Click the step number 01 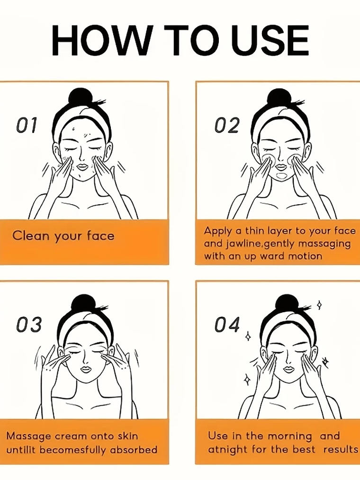pos(27,125)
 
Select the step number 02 pos(226,125)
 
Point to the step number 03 pos(28,325)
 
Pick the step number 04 pos(227,325)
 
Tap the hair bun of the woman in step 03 pos(81,304)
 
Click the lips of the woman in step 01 pos(82,166)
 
